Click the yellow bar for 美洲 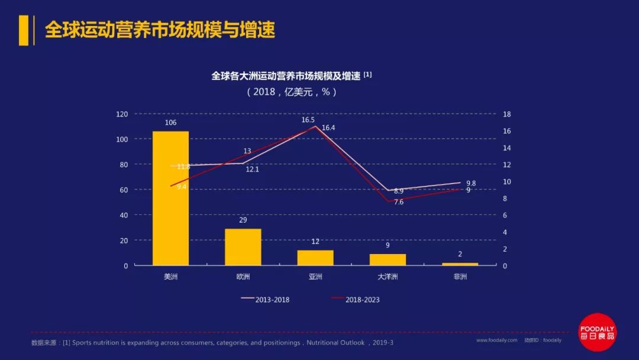[170, 198]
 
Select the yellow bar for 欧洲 [243, 247]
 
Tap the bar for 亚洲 [315, 258]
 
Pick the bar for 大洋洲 [388, 259]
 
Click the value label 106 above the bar [170, 123]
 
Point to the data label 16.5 [308, 120]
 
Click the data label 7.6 [399, 202]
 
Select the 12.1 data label [252, 169]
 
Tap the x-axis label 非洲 [460, 277]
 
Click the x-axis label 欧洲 [243, 277]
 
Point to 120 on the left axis [122, 114]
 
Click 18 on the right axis [506, 114]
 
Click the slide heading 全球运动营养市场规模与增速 [160, 30]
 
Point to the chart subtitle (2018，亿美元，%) [291, 92]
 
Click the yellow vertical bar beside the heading [24, 30]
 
